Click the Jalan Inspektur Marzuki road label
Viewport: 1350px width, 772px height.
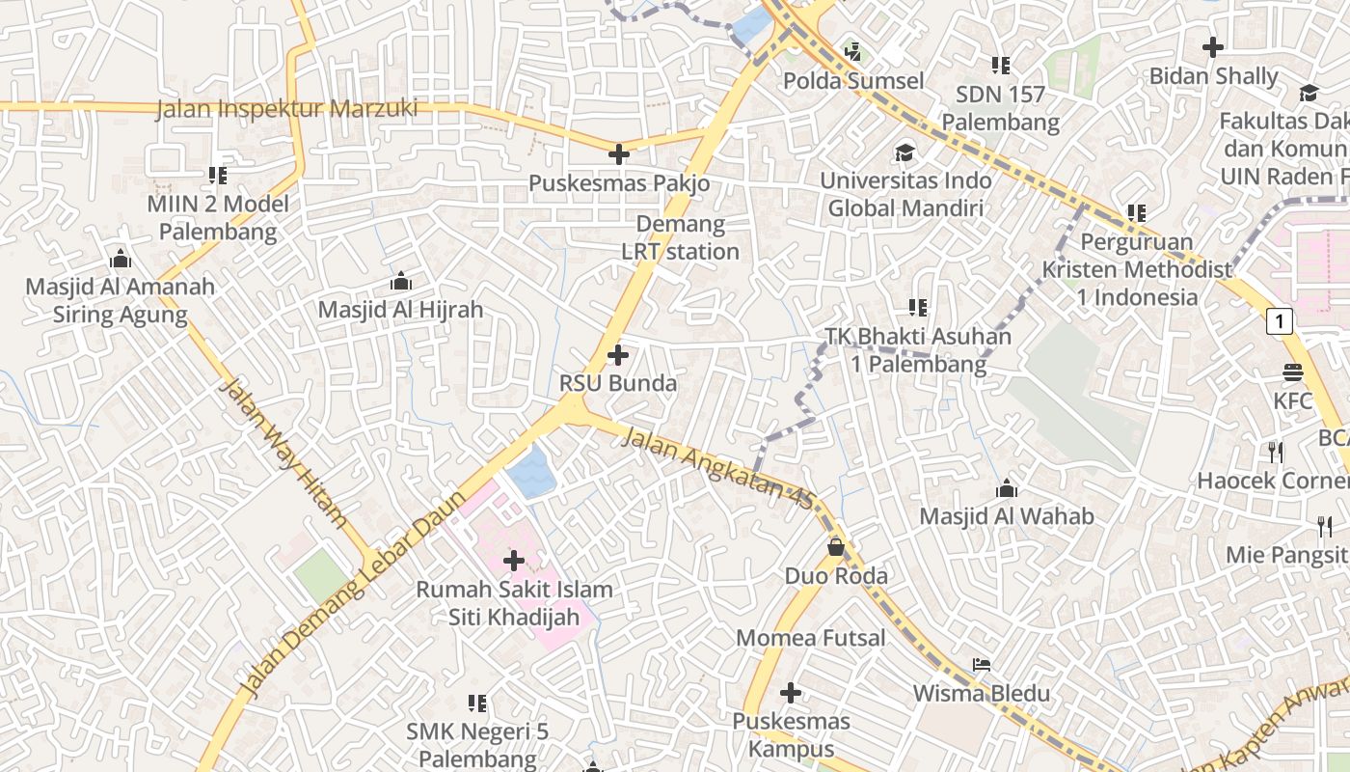point(286,108)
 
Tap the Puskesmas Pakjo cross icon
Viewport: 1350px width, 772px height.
point(619,154)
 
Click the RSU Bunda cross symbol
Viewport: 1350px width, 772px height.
point(618,356)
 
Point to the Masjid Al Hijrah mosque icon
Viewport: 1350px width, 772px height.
point(400,282)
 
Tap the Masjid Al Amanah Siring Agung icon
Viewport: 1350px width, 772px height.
point(121,259)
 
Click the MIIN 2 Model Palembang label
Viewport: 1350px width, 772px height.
point(218,218)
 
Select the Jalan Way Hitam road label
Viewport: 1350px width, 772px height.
point(283,452)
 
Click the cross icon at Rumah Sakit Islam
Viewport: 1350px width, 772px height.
point(514,560)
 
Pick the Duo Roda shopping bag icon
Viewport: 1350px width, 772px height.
point(836,547)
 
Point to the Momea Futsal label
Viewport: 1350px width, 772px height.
point(810,638)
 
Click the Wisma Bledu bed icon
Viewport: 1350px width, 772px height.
point(982,665)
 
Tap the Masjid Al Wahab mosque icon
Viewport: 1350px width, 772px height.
point(1007,487)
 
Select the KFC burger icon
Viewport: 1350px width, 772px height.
point(1293,372)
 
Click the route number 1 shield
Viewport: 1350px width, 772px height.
point(1279,320)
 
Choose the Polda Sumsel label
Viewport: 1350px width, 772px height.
point(852,81)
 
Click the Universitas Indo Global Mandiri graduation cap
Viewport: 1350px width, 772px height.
point(904,152)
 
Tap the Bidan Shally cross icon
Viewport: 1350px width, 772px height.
point(1213,46)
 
